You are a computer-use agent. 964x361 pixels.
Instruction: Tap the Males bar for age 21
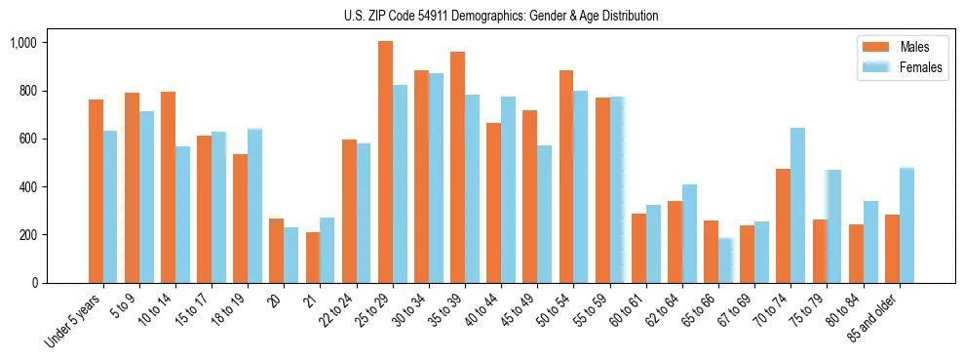[313, 258]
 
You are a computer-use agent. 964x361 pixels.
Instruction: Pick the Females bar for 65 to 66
[725, 261]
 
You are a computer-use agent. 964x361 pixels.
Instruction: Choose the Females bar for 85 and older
[906, 225]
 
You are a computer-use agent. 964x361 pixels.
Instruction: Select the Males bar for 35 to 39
[457, 167]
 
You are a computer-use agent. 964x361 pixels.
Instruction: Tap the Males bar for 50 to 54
[566, 177]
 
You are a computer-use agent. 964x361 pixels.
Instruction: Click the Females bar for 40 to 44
[508, 189]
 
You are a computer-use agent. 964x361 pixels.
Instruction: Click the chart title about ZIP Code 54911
[501, 16]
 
